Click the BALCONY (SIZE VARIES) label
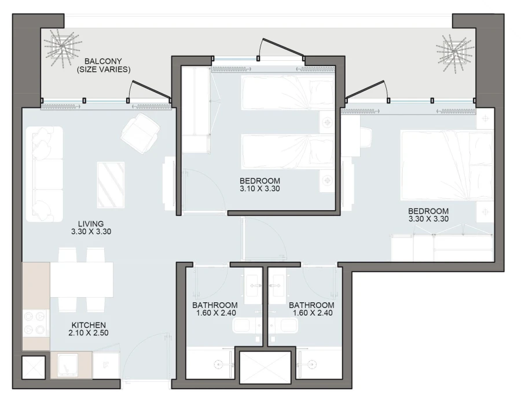tap(104, 65)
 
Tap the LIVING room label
tap(91, 224)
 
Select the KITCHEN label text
tap(89, 325)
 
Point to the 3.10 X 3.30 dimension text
tap(260, 188)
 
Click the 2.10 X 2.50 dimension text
tap(89, 333)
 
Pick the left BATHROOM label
tap(215, 305)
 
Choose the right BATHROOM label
tap(311, 305)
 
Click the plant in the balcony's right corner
tap(456, 50)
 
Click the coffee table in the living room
tap(111, 184)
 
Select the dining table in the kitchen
tap(82, 280)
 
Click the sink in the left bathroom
tap(254, 284)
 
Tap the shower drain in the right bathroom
tap(313, 364)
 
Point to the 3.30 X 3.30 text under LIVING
tap(91, 232)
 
